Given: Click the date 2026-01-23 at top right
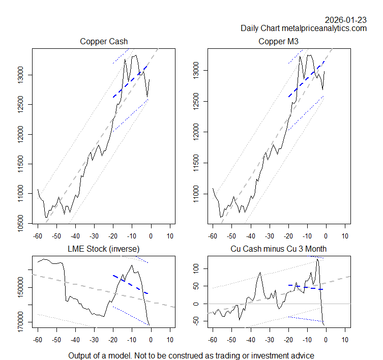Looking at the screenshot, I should (345, 20).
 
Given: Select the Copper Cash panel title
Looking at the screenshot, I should (104, 41).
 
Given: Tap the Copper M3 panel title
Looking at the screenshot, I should (279, 41).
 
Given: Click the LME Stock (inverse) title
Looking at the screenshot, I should (104, 249).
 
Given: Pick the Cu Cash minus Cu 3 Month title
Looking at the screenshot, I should (279, 249).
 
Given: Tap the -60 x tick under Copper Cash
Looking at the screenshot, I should (37, 236).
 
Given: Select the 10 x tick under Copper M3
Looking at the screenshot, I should (345, 236).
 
